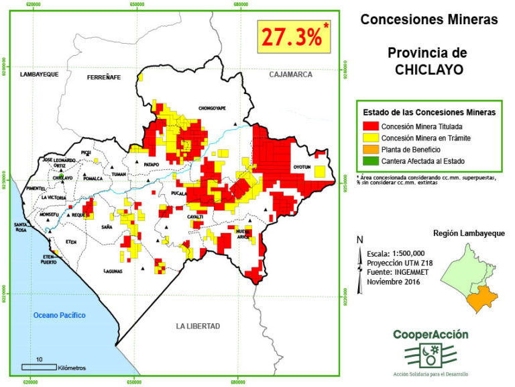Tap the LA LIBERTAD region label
point(198,326)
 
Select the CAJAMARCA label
point(291,75)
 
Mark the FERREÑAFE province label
point(103,78)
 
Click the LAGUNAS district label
point(113,271)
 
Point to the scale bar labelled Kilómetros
point(40,367)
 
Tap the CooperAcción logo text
point(431,334)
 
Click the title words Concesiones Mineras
point(429,19)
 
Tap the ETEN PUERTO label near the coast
point(48,259)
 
